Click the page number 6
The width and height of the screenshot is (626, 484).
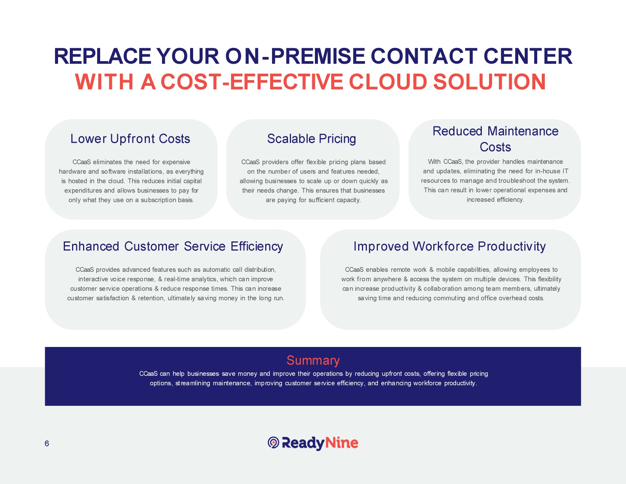tap(47, 443)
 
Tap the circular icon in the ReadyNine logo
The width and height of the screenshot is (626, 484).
tap(274, 443)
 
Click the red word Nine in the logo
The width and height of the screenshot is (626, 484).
tap(342, 443)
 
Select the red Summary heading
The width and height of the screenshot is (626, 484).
tap(313, 360)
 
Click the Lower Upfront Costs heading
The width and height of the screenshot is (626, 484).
tap(130, 139)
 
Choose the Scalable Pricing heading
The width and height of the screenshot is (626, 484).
tap(311, 139)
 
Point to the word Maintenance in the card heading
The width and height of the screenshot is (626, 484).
tap(523, 131)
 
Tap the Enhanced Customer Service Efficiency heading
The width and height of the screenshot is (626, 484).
tap(173, 246)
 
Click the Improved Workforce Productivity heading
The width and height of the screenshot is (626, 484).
tap(450, 246)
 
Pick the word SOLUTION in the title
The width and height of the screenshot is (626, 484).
tap(489, 82)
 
